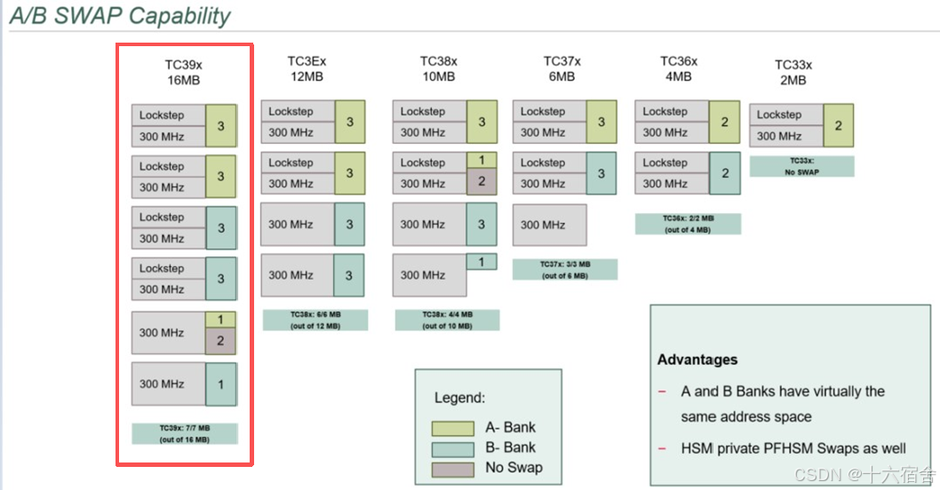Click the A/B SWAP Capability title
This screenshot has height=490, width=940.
120,16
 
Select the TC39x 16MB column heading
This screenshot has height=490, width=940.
184,72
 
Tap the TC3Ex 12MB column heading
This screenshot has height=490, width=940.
307,68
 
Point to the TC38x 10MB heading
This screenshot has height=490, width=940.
439,68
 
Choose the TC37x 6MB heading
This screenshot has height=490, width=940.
562,68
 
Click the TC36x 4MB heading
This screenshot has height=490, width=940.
679,68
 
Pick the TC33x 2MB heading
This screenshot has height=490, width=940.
793,72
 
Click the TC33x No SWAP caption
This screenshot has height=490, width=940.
802,166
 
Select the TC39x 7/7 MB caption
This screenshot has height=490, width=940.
185,433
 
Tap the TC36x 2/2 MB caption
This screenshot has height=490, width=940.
688,224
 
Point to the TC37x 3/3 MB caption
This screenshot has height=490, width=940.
565,269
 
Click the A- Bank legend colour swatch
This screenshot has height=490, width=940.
452,428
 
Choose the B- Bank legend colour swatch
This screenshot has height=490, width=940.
452,448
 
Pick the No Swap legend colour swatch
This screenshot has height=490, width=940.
452,468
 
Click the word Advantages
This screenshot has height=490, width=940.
697,360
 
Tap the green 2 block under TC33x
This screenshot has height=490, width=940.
838,125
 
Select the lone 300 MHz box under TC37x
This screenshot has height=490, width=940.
549,225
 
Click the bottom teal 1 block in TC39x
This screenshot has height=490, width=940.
220,384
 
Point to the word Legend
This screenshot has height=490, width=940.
459,398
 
